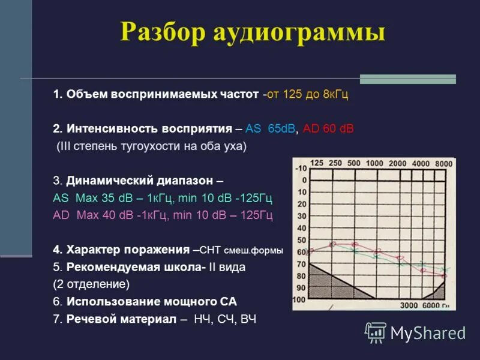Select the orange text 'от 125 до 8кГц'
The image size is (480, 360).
[x=308, y=95]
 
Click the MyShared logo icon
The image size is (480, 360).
[x=376, y=332]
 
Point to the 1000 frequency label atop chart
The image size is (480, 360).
[x=374, y=164]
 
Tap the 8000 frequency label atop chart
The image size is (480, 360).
[x=443, y=164]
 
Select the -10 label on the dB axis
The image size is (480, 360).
[x=300, y=169]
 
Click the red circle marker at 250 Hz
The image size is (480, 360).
[x=334, y=244]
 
